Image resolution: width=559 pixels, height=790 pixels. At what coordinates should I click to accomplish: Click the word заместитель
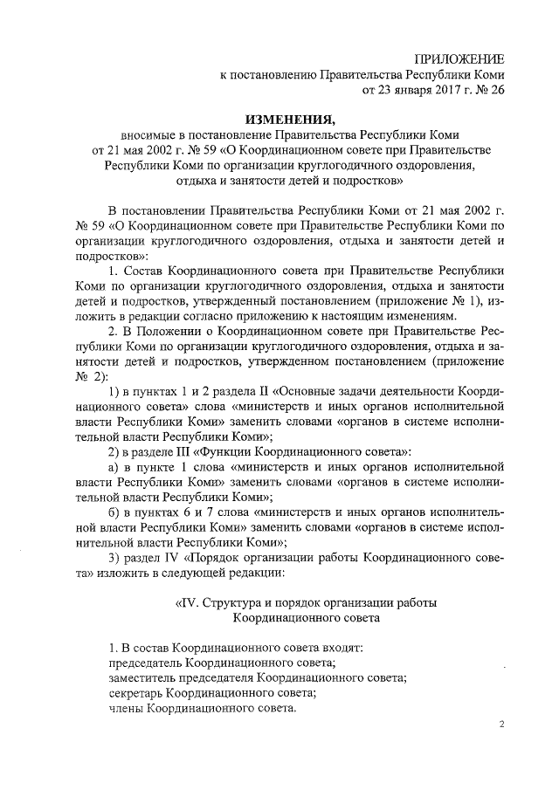pos(141,677)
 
